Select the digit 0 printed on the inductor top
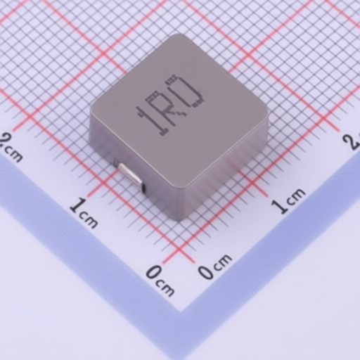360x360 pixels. point(184,91)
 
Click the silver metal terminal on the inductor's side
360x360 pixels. point(130,176)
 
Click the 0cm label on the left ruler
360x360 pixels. point(160,281)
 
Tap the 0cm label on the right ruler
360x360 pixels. point(214,266)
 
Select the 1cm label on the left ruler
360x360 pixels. point(84,213)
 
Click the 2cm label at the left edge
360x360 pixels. point(11,147)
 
